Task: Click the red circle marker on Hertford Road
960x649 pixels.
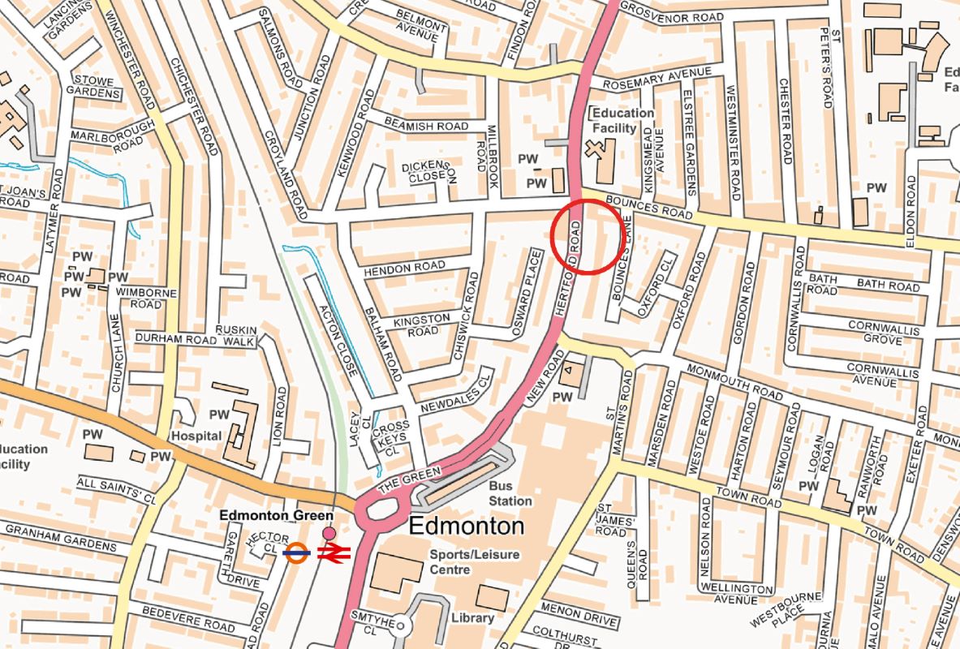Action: [x=588, y=235]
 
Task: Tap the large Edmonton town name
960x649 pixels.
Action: [x=466, y=527]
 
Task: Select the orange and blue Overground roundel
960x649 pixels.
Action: [x=298, y=552]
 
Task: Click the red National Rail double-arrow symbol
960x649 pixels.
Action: [x=333, y=553]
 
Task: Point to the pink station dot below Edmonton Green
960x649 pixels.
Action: [x=329, y=533]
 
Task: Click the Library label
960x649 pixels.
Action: [x=472, y=617]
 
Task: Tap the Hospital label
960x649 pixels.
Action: [x=196, y=436]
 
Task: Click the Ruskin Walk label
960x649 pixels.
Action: [x=236, y=336]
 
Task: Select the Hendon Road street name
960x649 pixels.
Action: [x=404, y=267]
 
